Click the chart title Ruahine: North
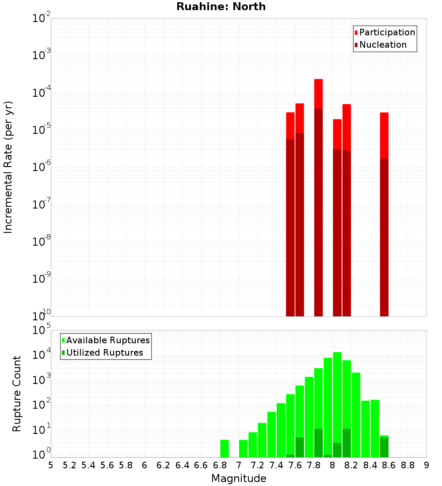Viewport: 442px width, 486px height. [221, 7]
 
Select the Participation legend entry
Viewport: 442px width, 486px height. [387, 32]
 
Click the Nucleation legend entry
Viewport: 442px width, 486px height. [382, 45]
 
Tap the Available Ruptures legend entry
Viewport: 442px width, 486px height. [107, 340]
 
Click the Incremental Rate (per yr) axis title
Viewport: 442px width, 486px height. [8, 167]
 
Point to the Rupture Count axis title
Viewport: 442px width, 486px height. [17, 393]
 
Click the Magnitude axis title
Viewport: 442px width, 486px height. [239, 478]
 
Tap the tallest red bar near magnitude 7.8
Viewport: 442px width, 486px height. [319, 94]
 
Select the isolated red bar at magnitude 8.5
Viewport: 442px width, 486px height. [384, 135]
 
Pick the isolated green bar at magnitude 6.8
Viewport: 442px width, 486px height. [225, 448]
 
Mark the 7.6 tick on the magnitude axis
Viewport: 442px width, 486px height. [295, 465]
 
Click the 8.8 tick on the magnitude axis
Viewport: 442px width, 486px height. [408, 465]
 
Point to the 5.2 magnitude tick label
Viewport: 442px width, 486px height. [69, 465]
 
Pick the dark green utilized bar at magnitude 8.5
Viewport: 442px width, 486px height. [384, 447]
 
